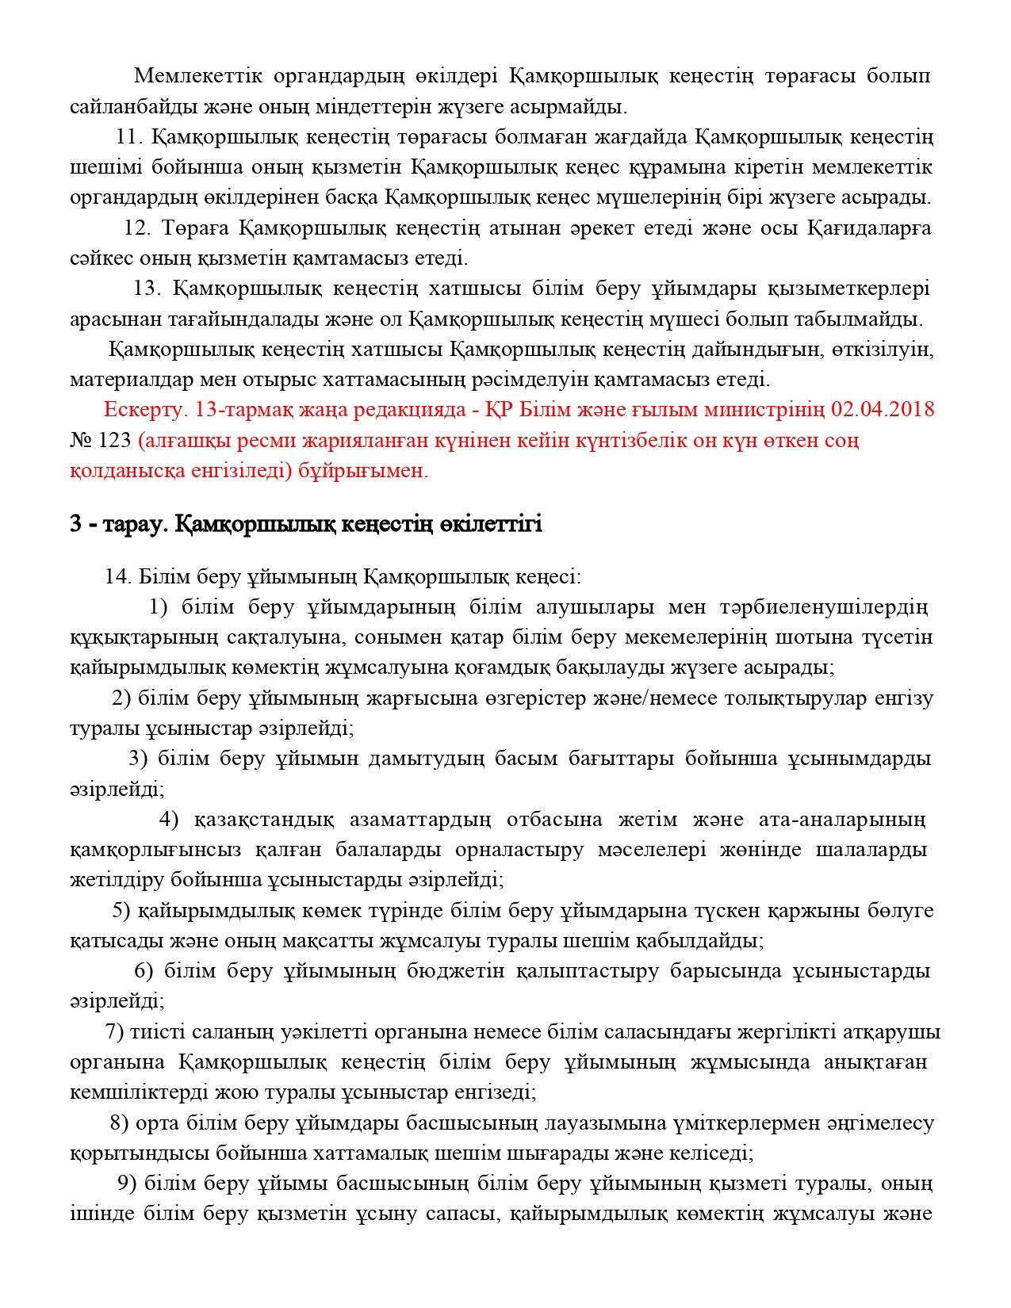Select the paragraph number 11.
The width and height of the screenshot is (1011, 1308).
(x=128, y=137)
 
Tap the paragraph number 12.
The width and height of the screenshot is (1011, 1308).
(x=137, y=228)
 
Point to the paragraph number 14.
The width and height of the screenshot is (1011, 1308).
(x=117, y=577)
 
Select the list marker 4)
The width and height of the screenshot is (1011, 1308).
(x=169, y=819)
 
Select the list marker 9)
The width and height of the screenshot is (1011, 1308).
(x=127, y=1184)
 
